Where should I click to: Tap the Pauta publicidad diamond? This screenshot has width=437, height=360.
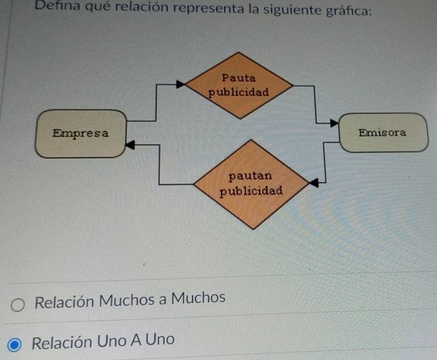tap(239, 85)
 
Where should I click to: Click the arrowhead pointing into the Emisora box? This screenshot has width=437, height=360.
tap(334, 123)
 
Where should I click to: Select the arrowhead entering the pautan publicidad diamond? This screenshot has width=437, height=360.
tap(314, 181)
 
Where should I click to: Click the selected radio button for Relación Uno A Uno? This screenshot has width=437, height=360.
tap(16, 345)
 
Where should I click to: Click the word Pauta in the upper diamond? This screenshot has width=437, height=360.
tap(239, 78)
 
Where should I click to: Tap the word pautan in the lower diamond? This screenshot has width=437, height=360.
tap(250, 176)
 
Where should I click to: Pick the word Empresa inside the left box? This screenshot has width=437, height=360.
tap(81, 134)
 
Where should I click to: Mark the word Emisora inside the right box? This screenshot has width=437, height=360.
tap(383, 133)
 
